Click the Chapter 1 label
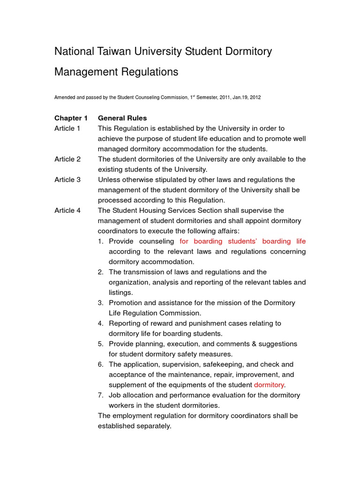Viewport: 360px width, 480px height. pos(71,118)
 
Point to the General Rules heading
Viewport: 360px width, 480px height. pos(122,118)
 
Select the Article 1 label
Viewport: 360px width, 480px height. pos(67,128)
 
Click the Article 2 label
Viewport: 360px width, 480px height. pos(67,159)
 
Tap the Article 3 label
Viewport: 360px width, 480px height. pos(67,180)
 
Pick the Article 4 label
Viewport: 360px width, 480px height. pos(67,210)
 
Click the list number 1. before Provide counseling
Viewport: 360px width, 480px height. pos(101,241)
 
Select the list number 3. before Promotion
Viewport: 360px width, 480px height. pos(101,303)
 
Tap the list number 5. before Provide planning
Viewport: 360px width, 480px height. pos(101,344)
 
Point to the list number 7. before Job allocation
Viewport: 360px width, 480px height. pos(101,395)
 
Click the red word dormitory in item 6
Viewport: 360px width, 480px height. pos(269,385)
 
